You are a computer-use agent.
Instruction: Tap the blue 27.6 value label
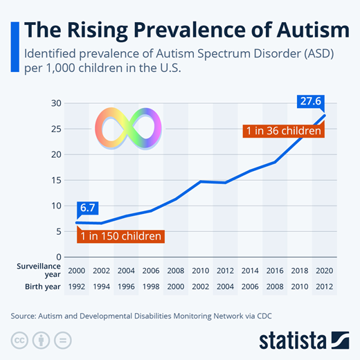[310, 102]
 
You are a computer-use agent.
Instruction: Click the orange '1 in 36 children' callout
[284, 130]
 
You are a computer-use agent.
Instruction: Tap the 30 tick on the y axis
[57, 104]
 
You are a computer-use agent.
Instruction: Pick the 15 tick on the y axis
[57, 180]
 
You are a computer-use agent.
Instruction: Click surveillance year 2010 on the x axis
[201, 270]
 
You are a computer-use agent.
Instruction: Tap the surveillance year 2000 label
[77, 270]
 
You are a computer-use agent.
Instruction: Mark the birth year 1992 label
[77, 286]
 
